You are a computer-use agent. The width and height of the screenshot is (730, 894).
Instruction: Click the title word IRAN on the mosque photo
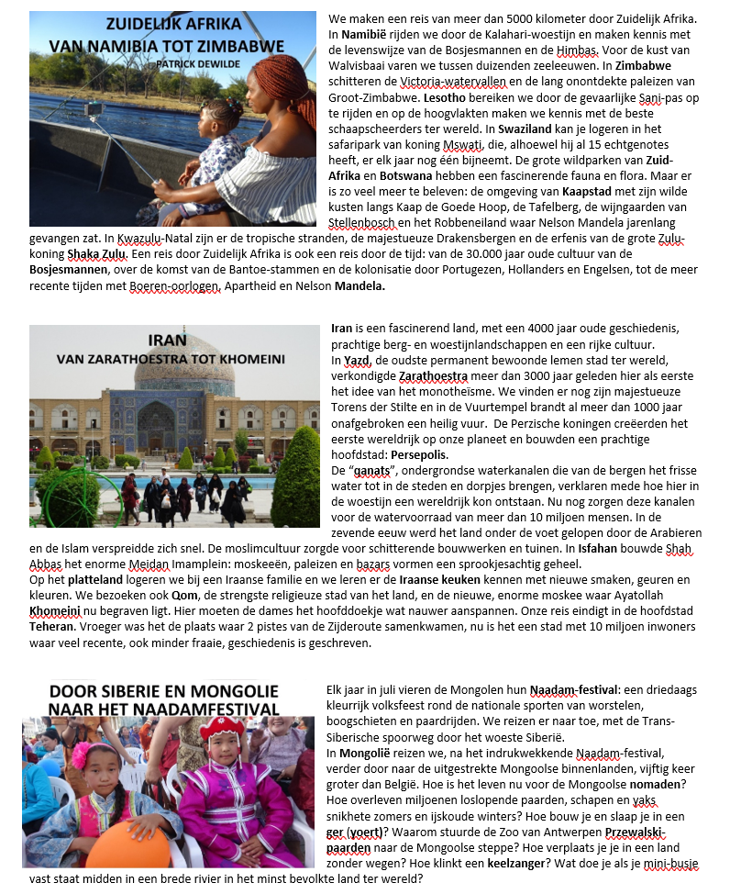[167, 340]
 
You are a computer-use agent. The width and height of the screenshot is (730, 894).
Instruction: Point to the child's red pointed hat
[224, 731]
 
